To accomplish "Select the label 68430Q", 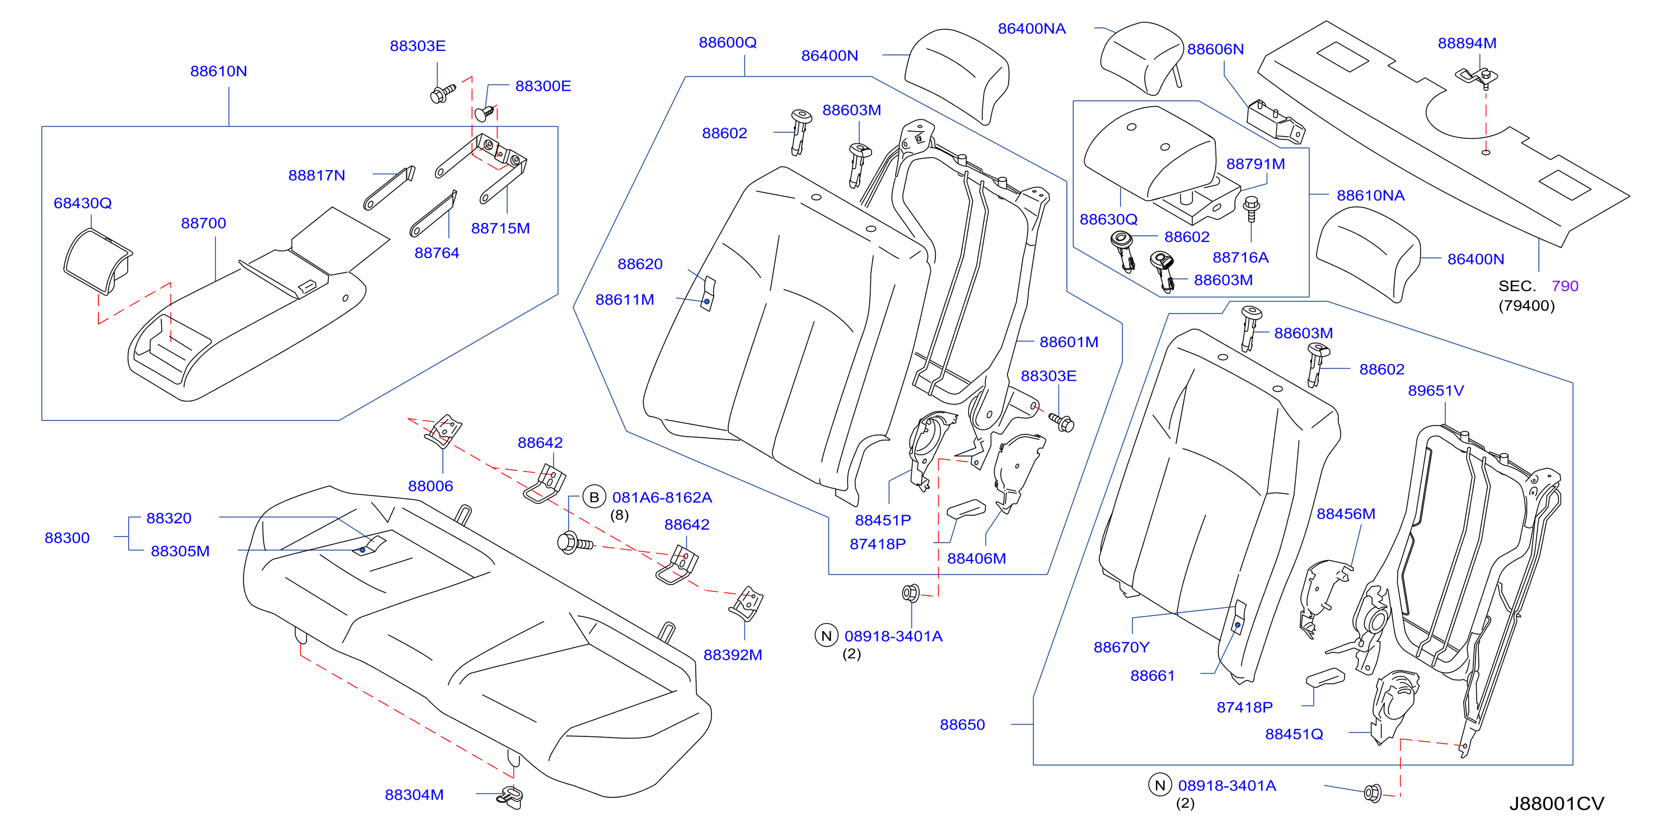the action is (82, 203).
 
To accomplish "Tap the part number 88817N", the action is (317, 175).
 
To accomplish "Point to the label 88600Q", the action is (728, 42).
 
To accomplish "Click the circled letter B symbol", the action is (594, 497).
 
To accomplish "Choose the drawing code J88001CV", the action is (1557, 804).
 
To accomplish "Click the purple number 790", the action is (1565, 286).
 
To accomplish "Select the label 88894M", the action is (1467, 43).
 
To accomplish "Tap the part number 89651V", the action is (1436, 390).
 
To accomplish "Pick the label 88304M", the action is (414, 795).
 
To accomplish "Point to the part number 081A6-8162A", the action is (662, 497).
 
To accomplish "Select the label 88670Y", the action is (1122, 647).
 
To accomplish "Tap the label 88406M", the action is (976, 558).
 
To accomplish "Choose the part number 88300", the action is (67, 538).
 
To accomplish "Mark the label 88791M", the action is (1256, 164).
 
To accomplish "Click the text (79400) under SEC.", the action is (1526, 305).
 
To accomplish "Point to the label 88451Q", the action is (1294, 734).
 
